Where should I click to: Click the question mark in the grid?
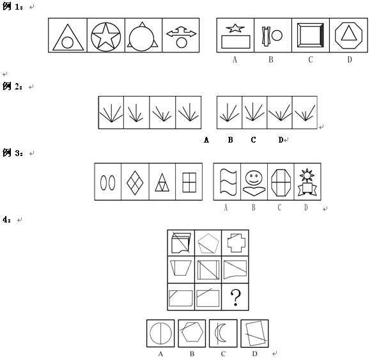pos(235,297)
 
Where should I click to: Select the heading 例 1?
pos(13,6)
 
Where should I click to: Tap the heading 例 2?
pos(13,86)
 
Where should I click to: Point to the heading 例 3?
pos(13,153)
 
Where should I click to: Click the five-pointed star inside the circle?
pos(106,36)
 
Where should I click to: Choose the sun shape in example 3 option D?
pos(307,175)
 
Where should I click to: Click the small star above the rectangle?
pos(235,28)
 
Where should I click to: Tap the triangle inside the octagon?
pos(349,33)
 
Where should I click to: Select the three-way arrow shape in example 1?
pos(182,33)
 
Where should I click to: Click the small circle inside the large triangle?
pos(67,43)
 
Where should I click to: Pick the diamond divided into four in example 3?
pos(135,183)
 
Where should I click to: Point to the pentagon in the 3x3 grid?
pos(208,244)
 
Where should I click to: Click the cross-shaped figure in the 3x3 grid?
pos(236,243)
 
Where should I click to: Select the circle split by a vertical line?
pos(161,333)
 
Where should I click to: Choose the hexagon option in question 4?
pos(192,332)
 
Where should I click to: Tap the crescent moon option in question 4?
pos(221,333)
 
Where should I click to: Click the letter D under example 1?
pos(350,59)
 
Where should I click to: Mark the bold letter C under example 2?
pos(253,140)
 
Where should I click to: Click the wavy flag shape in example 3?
pos(228,182)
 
